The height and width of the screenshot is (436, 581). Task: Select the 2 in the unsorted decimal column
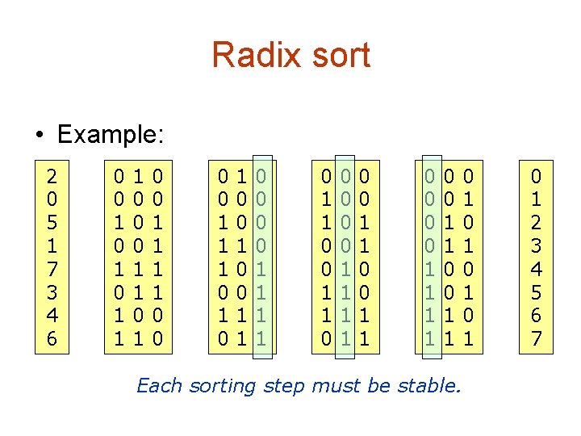(52, 174)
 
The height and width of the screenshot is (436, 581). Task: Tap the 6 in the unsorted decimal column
(52, 338)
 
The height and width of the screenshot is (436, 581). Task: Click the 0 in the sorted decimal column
(536, 174)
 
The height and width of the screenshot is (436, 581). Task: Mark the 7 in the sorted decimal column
(536, 338)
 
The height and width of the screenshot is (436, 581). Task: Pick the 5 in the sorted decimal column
(536, 291)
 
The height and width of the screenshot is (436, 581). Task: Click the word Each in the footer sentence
(160, 386)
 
